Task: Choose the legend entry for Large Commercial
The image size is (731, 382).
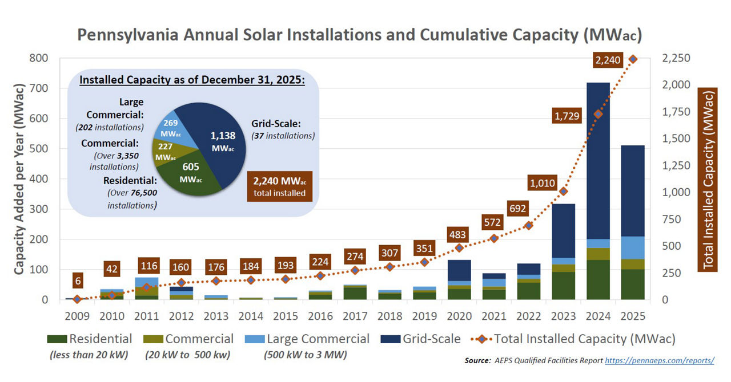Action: click(307, 339)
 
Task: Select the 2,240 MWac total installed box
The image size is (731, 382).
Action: click(280, 186)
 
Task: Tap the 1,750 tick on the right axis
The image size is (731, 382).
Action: click(676, 112)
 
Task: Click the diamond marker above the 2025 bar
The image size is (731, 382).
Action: click(632, 59)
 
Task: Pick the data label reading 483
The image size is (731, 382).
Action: click(457, 234)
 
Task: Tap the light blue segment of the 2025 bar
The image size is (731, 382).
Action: click(632, 247)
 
